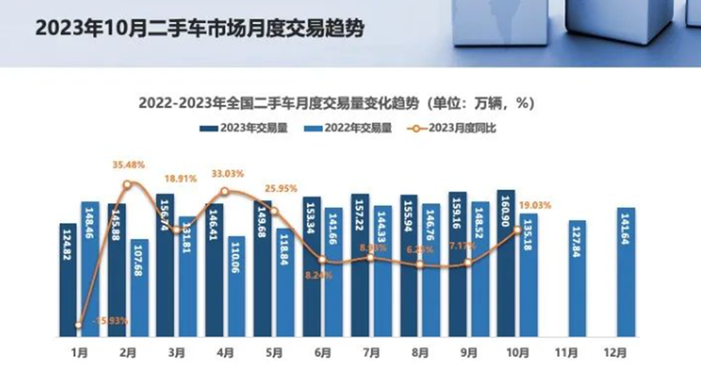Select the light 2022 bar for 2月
pos(139,287)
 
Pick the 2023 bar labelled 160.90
pos(506,263)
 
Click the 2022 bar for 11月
pos(577,279)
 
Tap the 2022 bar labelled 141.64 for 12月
pos(626,272)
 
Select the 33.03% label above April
pos(227,173)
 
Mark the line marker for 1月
pos(79,325)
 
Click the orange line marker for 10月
pos(517,230)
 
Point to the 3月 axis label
pos(177,353)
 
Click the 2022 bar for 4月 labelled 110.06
pos(236,287)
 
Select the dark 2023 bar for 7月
pos(360,266)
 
